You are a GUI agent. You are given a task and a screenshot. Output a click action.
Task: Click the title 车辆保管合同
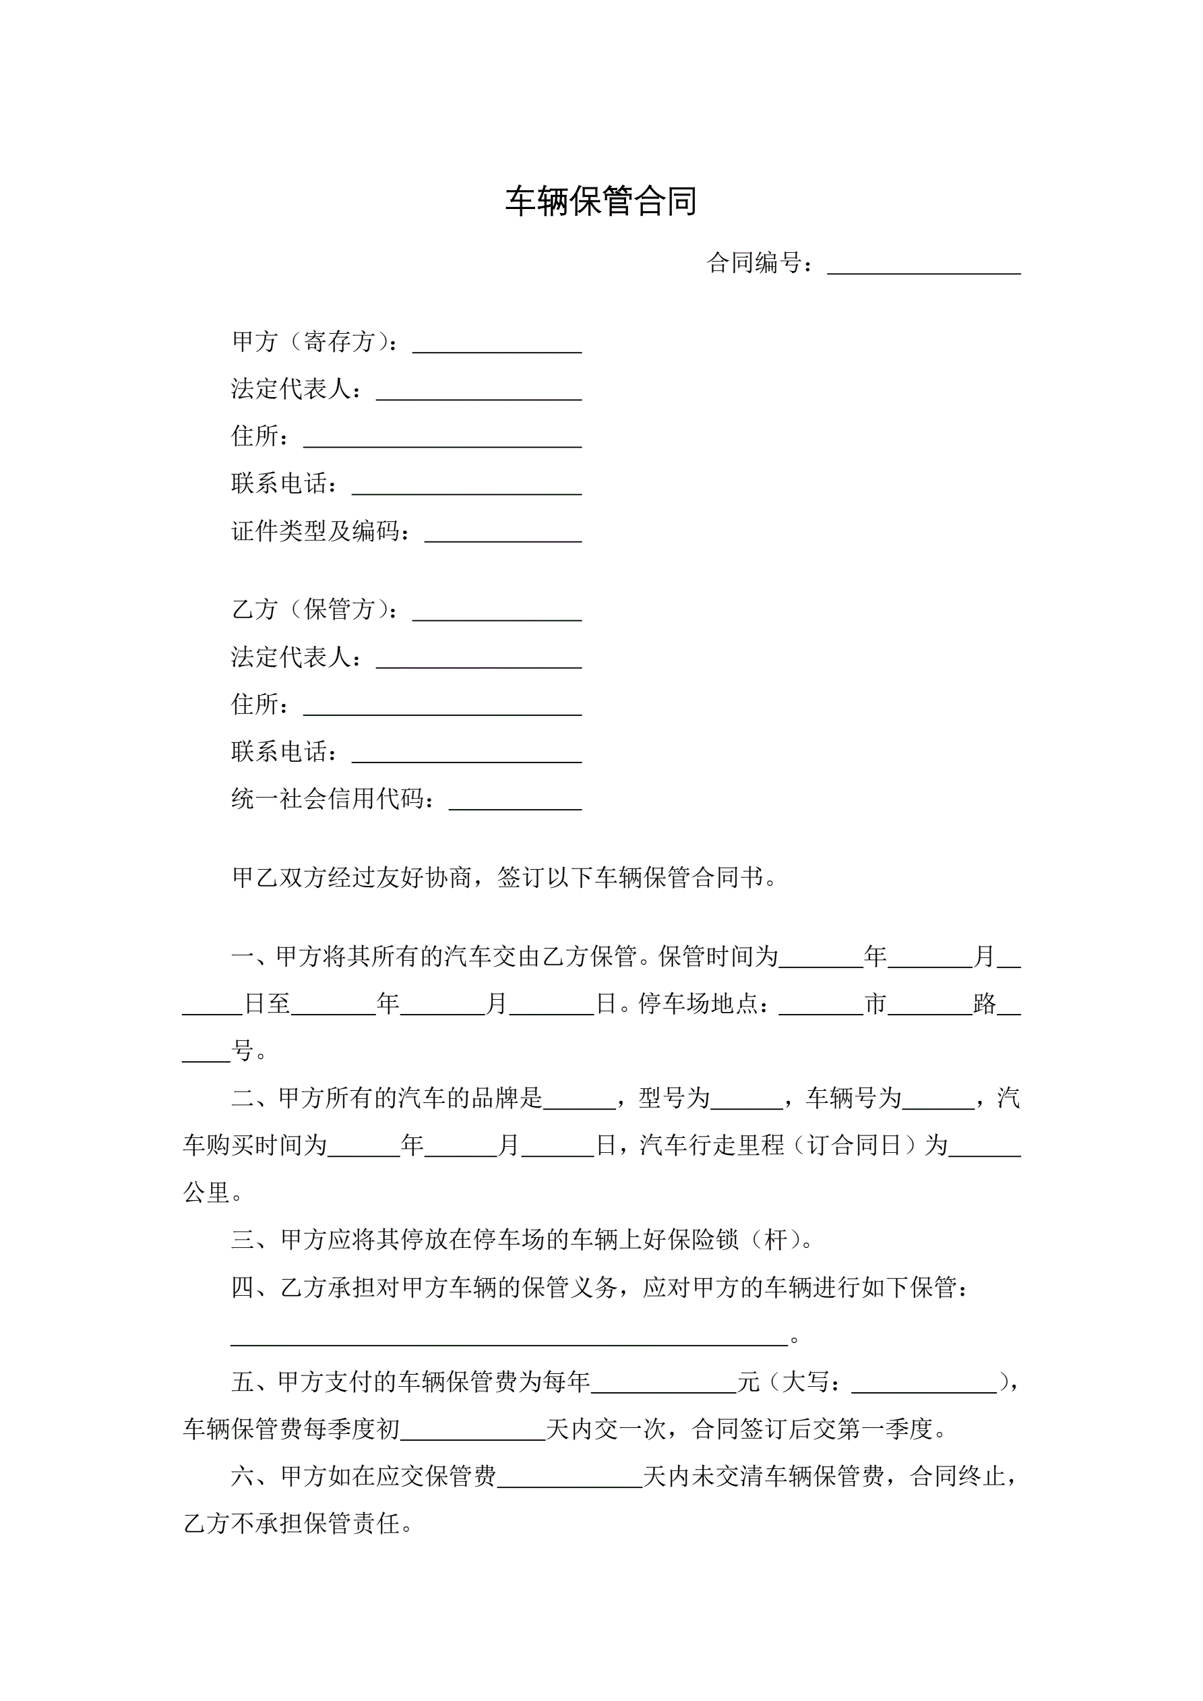pyautogui.click(x=600, y=202)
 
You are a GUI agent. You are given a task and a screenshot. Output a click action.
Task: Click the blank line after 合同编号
pyautogui.click(x=923, y=265)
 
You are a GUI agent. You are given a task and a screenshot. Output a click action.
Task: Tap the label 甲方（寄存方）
pyautogui.click(x=315, y=342)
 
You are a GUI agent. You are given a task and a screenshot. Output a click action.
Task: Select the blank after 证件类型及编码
pyautogui.click(x=503, y=533)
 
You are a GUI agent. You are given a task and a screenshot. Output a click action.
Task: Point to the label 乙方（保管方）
pyautogui.click(x=315, y=609)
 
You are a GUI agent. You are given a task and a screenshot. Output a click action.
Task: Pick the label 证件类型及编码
pyautogui.click(x=319, y=531)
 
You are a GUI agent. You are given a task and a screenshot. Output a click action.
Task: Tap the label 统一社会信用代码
pyautogui.click(x=331, y=800)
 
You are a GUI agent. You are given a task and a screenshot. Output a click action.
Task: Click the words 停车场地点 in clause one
pyautogui.click(x=698, y=1004)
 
